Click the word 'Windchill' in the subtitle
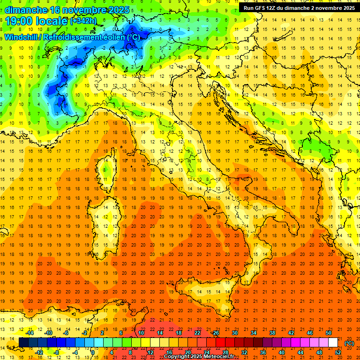point(21,37)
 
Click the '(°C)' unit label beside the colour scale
point(349,343)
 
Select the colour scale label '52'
point(337,352)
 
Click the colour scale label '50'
point(329,333)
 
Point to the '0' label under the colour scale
point(93,352)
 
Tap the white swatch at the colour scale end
point(333,343)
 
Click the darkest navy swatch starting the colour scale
point(23,343)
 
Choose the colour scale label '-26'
point(215,333)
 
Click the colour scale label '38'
point(272,333)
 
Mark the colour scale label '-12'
point(39,352)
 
